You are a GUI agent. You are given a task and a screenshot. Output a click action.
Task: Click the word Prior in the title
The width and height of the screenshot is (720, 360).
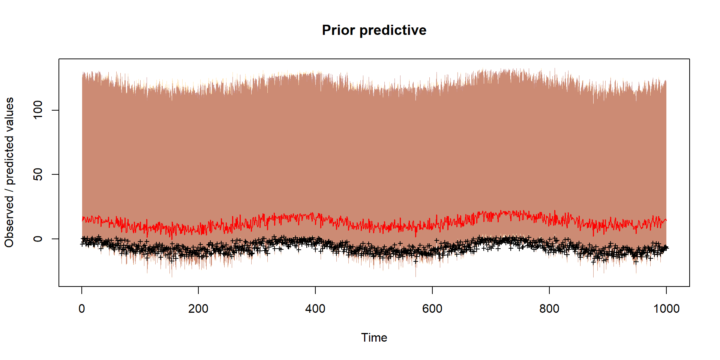tap(338, 30)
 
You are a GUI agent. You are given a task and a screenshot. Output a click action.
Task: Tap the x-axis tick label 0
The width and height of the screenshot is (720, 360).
tap(82, 309)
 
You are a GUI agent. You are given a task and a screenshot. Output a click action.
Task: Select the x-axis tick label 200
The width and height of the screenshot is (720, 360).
tap(198, 309)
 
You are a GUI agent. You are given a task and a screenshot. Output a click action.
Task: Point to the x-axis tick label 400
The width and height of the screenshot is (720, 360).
tap(315, 309)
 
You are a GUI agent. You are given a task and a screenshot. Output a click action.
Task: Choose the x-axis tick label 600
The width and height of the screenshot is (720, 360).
tap(432, 309)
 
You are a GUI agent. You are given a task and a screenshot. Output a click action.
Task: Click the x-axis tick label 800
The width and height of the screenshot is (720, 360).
tap(549, 309)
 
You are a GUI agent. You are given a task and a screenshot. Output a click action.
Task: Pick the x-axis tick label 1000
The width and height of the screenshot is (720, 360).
tap(666, 309)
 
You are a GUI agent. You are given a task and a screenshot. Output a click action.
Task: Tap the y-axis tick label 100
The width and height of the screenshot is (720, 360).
tap(38, 110)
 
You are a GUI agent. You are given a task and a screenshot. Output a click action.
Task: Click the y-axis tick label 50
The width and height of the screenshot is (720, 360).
tap(38, 174)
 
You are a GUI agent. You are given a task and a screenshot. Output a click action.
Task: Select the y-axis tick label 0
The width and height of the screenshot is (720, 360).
tap(38, 239)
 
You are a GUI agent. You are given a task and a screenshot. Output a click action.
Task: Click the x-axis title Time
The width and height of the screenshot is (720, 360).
tap(374, 337)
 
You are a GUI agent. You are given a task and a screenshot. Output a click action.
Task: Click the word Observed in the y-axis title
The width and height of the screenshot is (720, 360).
tap(9, 221)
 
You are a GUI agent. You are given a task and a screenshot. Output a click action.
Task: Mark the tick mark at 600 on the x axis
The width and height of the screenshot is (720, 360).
tap(432, 290)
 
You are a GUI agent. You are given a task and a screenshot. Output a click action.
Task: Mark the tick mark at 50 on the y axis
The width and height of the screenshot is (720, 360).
tap(55, 174)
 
